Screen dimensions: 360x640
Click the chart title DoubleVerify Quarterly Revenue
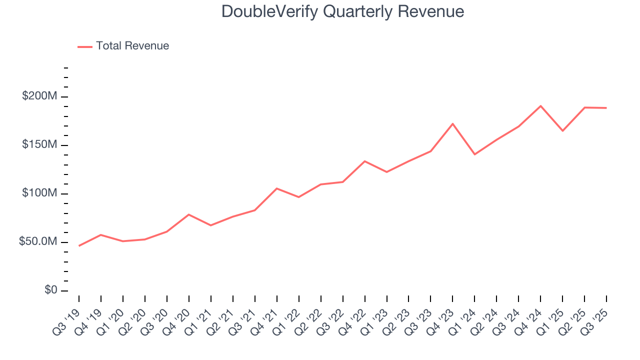pyautogui.click(x=342, y=11)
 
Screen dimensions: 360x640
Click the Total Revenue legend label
pyautogui.click(x=132, y=46)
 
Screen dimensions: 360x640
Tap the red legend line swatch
pyautogui.click(x=85, y=46)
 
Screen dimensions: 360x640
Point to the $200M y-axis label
pyautogui.click(x=39, y=96)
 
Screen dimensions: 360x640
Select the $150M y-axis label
pyautogui.click(x=39, y=144)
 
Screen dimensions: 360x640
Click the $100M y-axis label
pyautogui.click(x=39, y=193)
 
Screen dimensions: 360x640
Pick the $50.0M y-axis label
pyautogui.click(x=37, y=241)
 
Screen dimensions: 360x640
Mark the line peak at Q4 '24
pyautogui.click(x=540, y=106)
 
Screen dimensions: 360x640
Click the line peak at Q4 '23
pyautogui.click(x=452, y=123)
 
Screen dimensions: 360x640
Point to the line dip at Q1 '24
pyautogui.click(x=474, y=154)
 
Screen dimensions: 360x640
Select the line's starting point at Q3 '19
pyautogui.click(x=79, y=245)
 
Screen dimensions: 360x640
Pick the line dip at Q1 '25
pyautogui.click(x=562, y=131)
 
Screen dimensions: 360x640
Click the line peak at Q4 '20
pyautogui.click(x=188, y=214)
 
